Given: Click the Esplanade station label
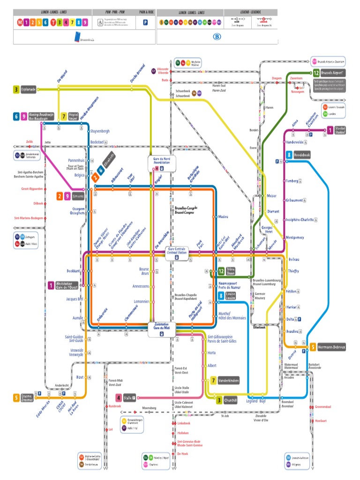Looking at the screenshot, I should click(28, 89).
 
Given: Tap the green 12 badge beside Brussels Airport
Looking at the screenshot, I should click(316, 73).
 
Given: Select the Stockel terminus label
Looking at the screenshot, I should click(339, 131).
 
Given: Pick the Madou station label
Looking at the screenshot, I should click(223, 217).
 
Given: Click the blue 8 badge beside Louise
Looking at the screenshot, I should click(221, 295).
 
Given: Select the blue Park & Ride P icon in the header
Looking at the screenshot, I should click(145, 22).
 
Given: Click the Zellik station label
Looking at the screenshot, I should click(30, 141).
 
